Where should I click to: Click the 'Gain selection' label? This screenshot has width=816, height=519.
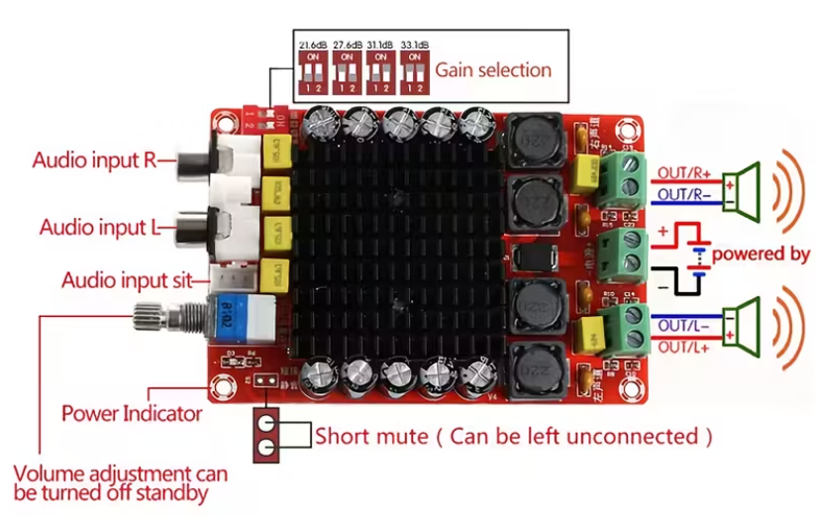coord(493,70)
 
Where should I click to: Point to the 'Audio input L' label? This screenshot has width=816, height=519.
coord(98,227)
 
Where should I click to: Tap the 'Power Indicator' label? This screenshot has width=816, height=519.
coord(132,413)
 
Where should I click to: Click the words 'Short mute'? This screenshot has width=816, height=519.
coord(371,436)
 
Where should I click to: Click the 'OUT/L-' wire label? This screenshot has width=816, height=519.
coord(681,324)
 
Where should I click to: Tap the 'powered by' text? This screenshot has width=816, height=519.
coord(761,254)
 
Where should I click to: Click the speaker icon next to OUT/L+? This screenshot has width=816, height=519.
coord(743,326)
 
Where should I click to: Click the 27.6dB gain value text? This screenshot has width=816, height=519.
coord(347,46)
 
